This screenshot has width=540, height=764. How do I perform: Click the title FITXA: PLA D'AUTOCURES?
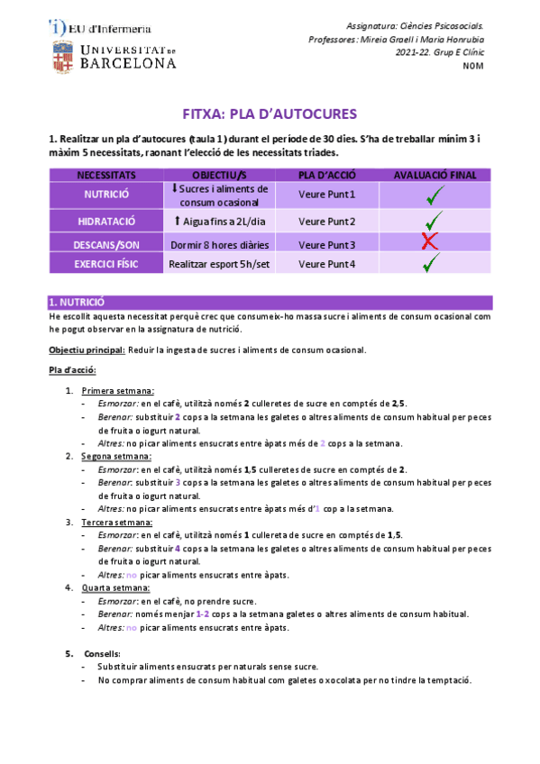(270, 114)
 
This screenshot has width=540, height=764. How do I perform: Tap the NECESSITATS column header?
(106, 175)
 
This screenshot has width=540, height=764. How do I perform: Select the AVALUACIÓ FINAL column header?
(435, 175)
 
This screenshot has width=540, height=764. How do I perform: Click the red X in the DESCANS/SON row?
(430, 241)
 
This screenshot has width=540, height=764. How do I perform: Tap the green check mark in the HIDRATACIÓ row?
(434, 219)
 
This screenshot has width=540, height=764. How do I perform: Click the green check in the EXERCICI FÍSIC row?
(431, 262)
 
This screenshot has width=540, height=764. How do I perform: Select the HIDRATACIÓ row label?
(106, 221)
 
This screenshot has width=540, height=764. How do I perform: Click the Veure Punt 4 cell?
(326, 264)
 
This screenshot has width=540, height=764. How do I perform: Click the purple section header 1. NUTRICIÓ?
(78, 303)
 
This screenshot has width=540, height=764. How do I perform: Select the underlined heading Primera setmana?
(117, 391)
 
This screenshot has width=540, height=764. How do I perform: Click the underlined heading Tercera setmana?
(116, 522)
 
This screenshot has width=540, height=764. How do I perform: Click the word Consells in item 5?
(102, 653)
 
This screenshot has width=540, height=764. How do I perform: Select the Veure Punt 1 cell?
(326, 194)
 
